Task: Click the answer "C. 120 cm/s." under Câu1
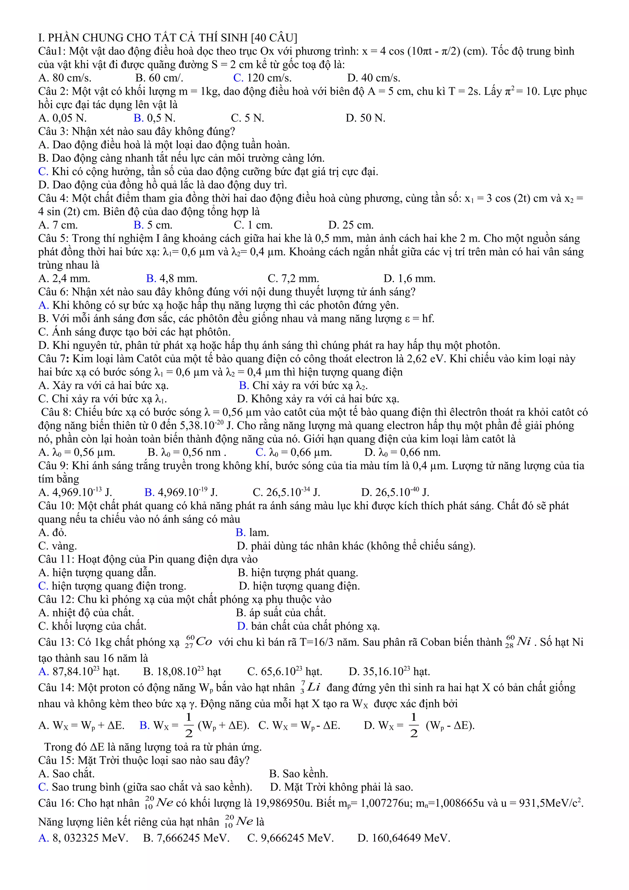[262, 78]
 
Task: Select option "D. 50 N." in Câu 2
[365, 118]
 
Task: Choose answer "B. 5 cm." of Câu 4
[153, 225]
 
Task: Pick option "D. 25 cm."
[350, 225]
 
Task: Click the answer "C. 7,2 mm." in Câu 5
[293, 279]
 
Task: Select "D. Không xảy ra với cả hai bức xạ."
[318, 399]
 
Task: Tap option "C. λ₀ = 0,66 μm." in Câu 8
[293, 452]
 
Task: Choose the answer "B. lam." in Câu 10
[252, 533]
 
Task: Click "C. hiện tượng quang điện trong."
[112, 586]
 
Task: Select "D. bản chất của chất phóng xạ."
[308, 627]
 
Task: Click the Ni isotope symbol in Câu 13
[518, 642]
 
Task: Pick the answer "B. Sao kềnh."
[299, 774]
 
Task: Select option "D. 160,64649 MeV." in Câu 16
[404, 838]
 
